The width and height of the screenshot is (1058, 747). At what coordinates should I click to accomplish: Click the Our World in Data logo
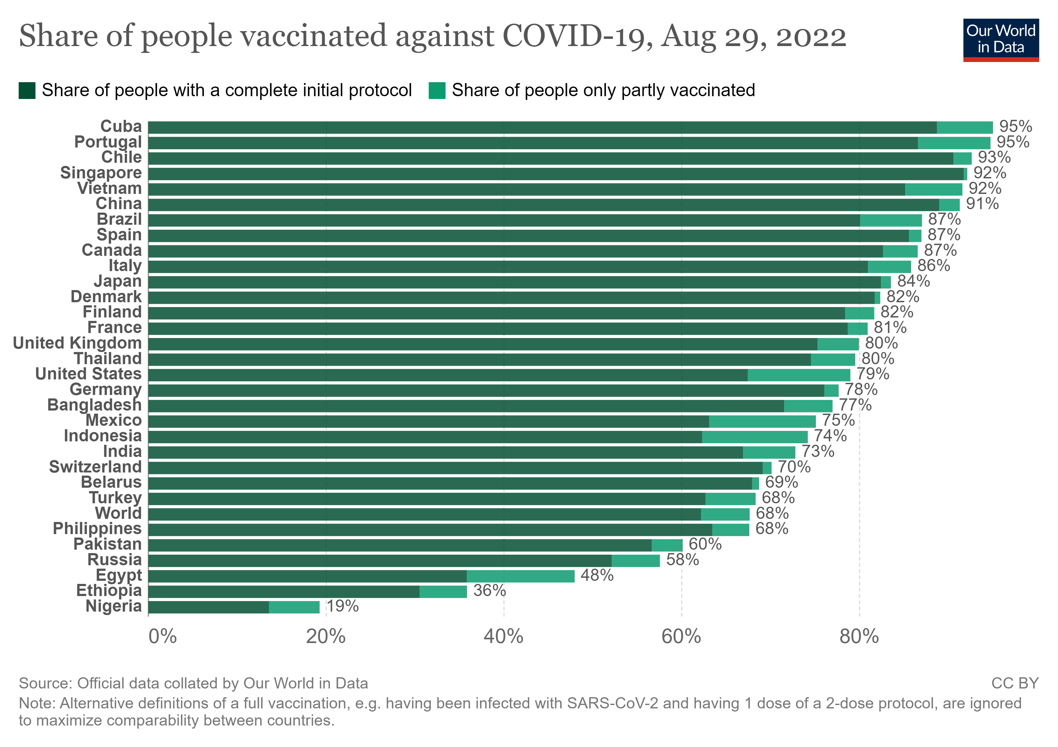click(x=1000, y=40)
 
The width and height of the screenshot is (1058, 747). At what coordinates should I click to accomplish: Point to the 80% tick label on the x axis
click(x=859, y=637)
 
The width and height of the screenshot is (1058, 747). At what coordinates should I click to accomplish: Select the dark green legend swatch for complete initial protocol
click(x=27, y=90)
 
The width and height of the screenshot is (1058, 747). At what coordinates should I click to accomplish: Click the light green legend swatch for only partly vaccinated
click(x=437, y=90)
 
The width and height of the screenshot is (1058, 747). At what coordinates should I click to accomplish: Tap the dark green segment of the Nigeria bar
click(x=208, y=607)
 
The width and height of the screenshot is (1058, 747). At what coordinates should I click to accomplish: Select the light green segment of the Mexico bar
click(x=762, y=421)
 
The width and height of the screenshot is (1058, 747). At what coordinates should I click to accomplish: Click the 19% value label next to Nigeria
click(x=342, y=606)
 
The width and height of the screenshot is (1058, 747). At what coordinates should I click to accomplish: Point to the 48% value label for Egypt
click(x=597, y=575)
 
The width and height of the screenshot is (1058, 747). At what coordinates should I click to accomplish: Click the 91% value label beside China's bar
click(x=982, y=204)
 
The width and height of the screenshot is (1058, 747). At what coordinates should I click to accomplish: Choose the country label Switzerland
click(x=96, y=467)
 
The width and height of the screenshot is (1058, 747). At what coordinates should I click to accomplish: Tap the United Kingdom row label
click(x=77, y=343)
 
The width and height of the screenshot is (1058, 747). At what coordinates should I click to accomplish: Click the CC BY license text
click(x=1015, y=683)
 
